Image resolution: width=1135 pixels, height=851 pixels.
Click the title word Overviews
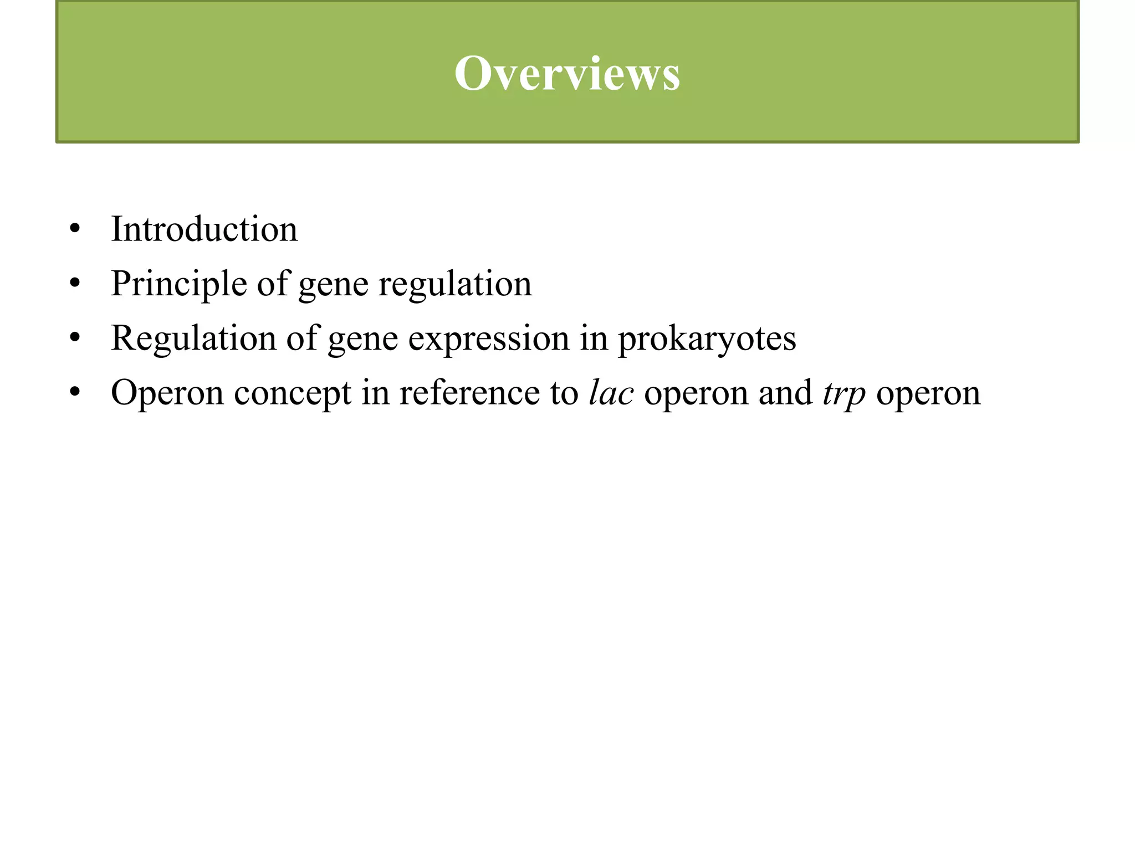tap(567, 74)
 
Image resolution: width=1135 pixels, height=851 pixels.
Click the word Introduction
tap(204, 229)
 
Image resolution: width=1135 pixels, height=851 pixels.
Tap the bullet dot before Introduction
tap(75, 229)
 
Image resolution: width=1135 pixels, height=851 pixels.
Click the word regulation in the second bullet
tap(454, 284)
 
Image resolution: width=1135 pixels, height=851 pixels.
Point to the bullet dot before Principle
tap(75, 284)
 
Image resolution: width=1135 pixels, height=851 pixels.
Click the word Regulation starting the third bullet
tap(193, 338)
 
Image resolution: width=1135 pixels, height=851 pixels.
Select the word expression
tap(489, 338)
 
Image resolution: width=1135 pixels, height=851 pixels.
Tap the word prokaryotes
tap(707, 338)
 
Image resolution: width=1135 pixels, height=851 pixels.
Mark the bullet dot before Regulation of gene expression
tap(75, 338)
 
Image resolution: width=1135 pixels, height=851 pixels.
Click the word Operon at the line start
tap(167, 392)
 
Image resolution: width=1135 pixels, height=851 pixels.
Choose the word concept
tap(293, 392)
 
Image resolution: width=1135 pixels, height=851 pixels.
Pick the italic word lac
tap(611, 392)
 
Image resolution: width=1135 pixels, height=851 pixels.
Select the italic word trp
tap(844, 393)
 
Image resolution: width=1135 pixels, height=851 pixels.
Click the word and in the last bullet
tap(785, 392)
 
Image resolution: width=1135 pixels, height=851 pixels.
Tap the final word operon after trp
tap(928, 392)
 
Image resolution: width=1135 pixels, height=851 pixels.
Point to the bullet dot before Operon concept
tap(75, 392)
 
